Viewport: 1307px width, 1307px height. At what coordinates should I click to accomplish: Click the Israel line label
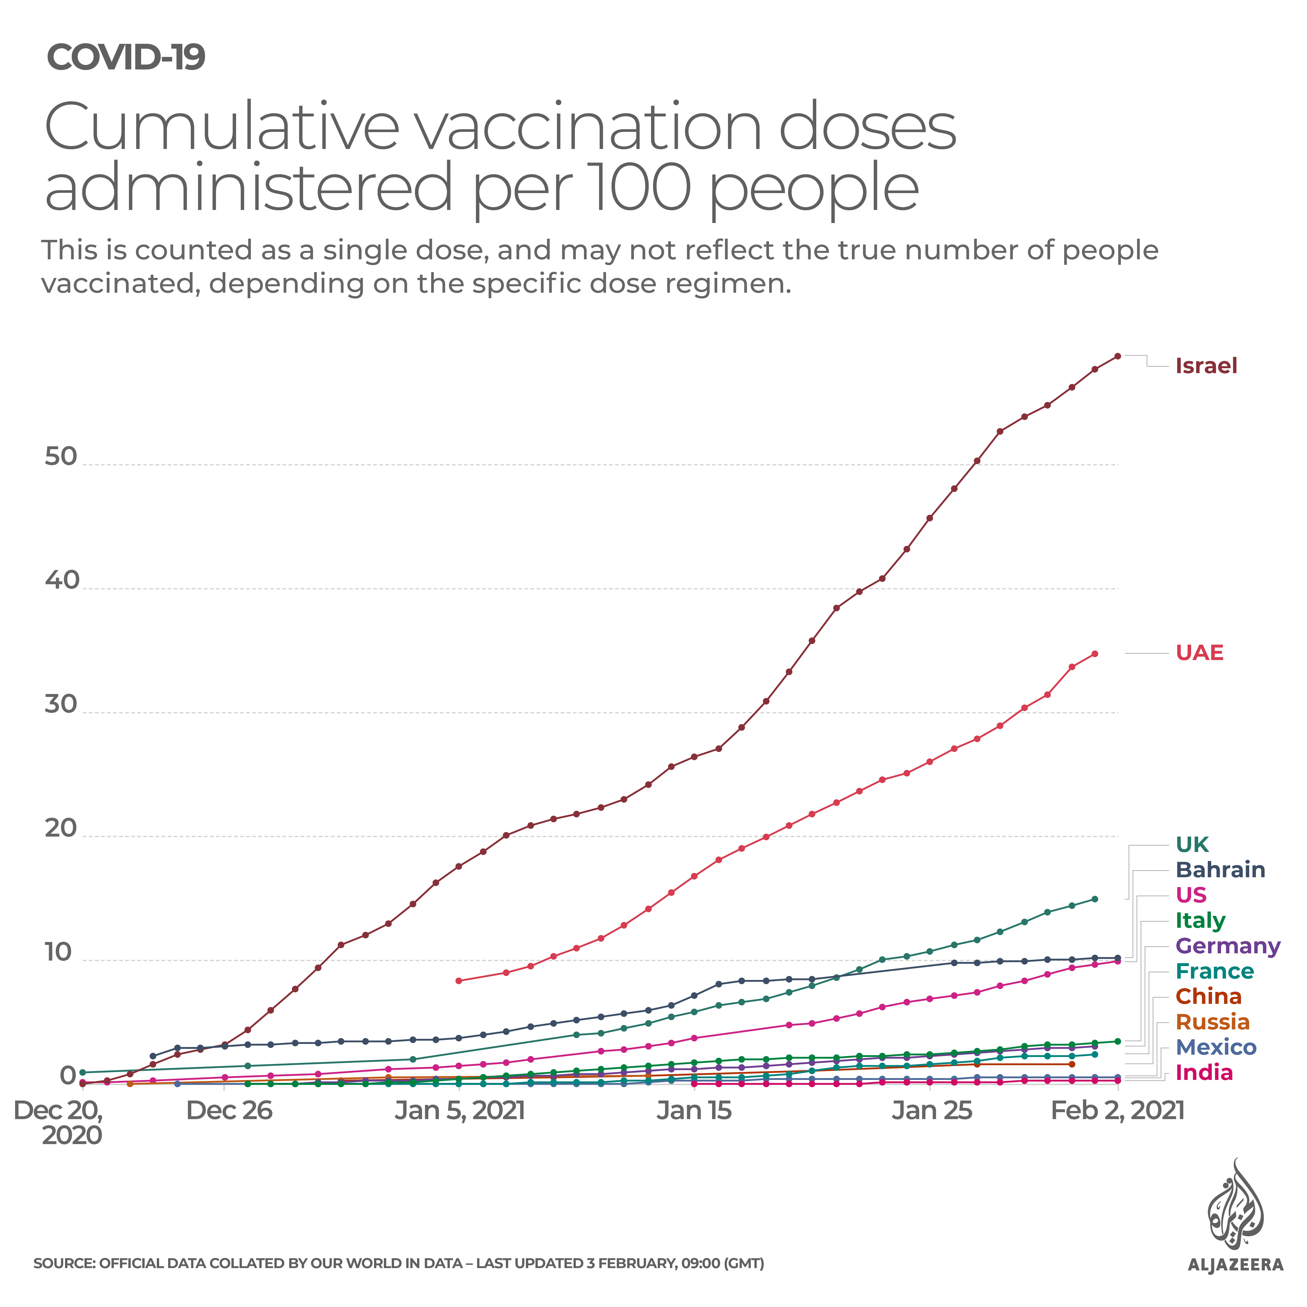point(1206,366)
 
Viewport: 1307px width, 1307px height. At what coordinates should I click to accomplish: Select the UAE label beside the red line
point(1200,653)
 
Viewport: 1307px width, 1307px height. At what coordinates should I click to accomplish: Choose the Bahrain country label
point(1220,870)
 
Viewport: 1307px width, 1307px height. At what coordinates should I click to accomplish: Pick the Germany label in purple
point(1228,946)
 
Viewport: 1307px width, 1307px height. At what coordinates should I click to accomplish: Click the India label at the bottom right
point(1204,1073)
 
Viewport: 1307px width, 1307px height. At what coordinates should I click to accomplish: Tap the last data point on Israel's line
point(1118,356)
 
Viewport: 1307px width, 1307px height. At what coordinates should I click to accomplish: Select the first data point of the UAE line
point(459,981)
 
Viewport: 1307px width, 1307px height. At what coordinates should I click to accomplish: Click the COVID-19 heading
point(126,57)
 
